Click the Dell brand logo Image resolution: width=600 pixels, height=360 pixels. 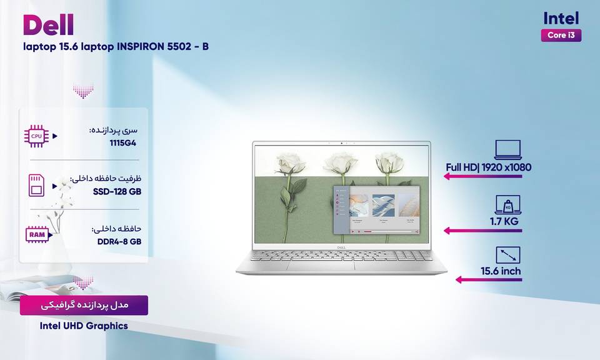coord(48,25)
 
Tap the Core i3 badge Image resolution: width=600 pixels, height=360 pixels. coord(561,35)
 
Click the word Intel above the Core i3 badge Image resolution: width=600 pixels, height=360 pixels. coord(561,18)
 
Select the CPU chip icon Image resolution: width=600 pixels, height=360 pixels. coord(36,136)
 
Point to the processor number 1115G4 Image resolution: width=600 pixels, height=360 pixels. coord(123,143)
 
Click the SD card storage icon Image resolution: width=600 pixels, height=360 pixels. coord(36,186)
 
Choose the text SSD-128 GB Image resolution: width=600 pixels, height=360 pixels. coord(117,191)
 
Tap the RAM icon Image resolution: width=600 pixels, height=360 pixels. coord(37,234)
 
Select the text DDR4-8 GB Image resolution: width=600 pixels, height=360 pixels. coord(119,241)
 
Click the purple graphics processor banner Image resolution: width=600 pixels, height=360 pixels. coord(84,305)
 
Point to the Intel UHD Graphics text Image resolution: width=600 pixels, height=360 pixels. coord(84,326)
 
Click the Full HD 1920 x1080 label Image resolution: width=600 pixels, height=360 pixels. coord(488,167)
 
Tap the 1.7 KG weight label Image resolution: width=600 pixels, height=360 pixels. coord(504,221)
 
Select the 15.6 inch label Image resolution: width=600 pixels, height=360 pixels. coord(501,271)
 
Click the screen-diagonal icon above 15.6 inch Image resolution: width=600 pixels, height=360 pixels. coord(507,255)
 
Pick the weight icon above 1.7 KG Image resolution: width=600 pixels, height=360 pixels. coord(507,204)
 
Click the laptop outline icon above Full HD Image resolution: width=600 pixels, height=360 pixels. coord(507,149)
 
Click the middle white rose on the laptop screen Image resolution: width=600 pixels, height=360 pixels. coord(341,163)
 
